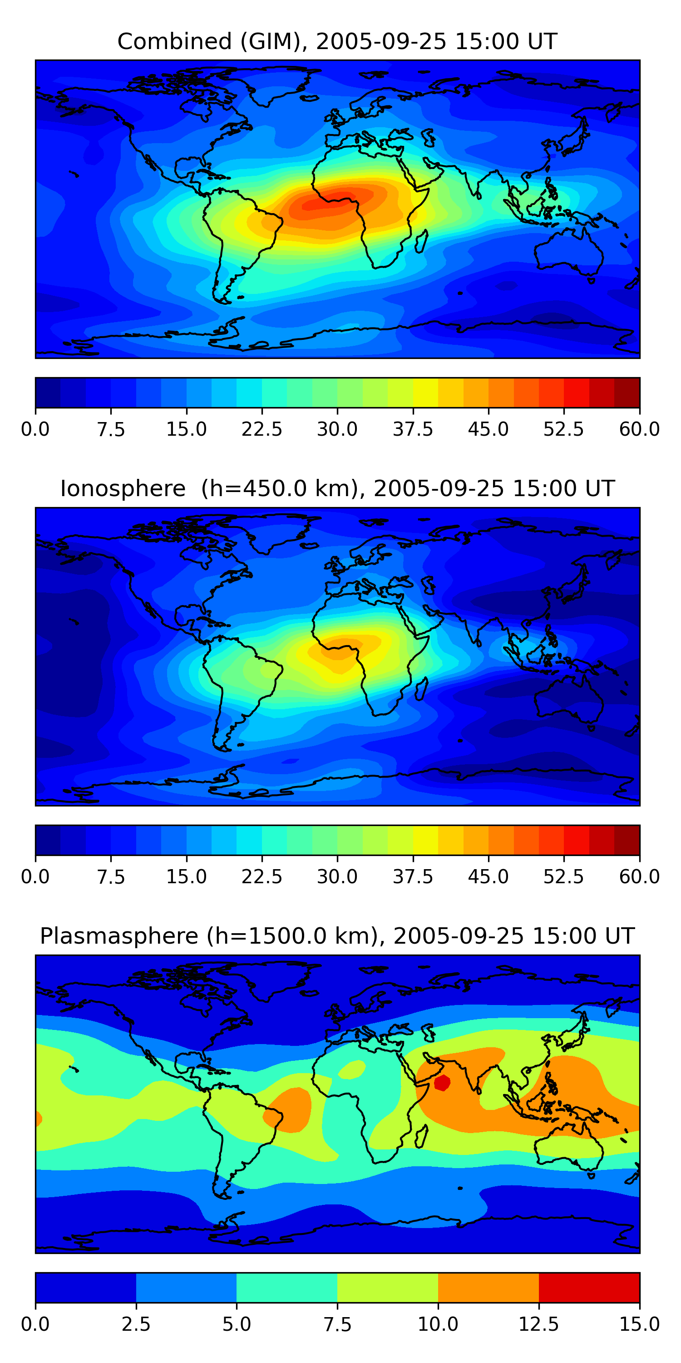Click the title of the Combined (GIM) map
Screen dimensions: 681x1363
click(337, 41)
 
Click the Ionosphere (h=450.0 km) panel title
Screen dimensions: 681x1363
click(337, 488)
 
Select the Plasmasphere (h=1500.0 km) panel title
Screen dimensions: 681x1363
click(337, 936)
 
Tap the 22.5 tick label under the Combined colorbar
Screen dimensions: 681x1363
click(262, 429)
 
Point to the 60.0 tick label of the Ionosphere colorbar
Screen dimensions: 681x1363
click(640, 877)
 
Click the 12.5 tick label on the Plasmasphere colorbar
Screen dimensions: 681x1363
click(539, 1324)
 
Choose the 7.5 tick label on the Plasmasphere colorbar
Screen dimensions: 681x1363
click(337, 1324)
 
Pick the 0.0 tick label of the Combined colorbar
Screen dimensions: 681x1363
click(35, 429)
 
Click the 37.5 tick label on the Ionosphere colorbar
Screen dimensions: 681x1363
click(413, 877)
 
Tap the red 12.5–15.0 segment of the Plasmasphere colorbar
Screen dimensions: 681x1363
click(589, 1287)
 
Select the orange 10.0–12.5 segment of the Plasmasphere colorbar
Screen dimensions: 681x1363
click(489, 1287)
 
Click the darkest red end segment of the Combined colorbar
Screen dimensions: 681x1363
click(627, 393)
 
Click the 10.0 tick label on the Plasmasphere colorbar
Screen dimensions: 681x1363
click(438, 1324)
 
